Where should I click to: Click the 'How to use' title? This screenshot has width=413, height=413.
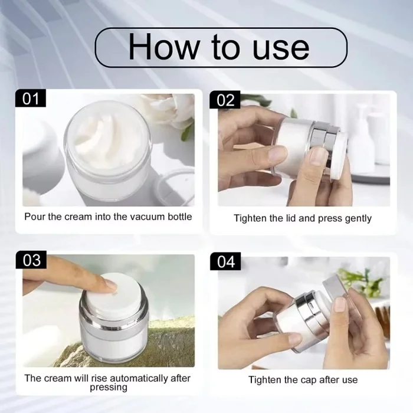pyautogui.click(x=219, y=47)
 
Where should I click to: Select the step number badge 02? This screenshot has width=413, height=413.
pyautogui.click(x=225, y=100)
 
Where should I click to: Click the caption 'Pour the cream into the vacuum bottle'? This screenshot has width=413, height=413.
pyautogui.click(x=108, y=217)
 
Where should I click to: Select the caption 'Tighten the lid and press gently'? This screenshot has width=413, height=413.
pyautogui.click(x=303, y=218)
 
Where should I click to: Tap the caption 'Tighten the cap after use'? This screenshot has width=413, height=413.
pyautogui.click(x=303, y=379)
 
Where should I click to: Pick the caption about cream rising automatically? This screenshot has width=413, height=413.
pyautogui.click(x=108, y=382)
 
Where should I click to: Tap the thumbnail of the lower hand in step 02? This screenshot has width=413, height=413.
pyautogui.click(x=318, y=156)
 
